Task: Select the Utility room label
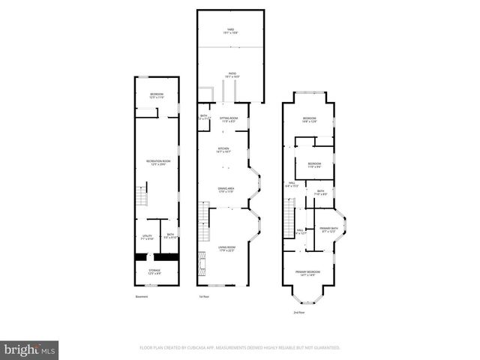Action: [145, 237]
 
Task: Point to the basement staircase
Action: [140, 200]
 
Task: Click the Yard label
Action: [231, 31]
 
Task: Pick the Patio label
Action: [231, 75]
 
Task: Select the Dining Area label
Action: [226, 190]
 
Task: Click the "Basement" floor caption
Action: [142, 297]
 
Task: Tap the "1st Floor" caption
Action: [203, 297]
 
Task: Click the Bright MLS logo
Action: [30, 349]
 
